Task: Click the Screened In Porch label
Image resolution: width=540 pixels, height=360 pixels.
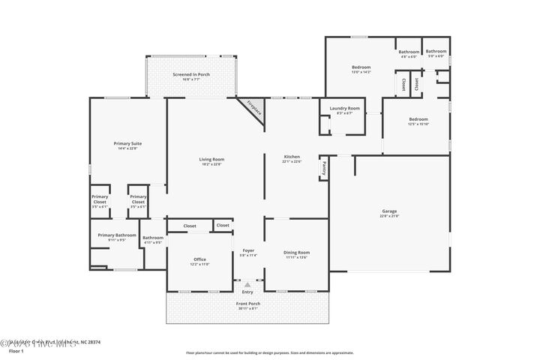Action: pos(192,75)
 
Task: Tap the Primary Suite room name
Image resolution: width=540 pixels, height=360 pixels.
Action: pos(127,143)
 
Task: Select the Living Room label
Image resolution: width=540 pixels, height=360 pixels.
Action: pos(211,159)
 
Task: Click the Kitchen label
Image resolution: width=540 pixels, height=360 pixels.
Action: pos(292,156)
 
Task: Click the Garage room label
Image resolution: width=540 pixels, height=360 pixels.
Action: pos(389,211)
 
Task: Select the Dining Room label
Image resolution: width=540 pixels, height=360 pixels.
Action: pos(296,252)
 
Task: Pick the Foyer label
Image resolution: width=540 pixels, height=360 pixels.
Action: pos(248,250)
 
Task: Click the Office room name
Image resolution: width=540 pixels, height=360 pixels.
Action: pos(199,259)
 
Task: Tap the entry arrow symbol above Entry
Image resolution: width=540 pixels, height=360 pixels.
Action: pos(247,284)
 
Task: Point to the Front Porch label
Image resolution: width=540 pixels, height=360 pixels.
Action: pos(247,304)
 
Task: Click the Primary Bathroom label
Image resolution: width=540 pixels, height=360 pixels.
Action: pos(117,235)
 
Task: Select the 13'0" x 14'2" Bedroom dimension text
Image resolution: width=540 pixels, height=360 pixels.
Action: pos(361,73)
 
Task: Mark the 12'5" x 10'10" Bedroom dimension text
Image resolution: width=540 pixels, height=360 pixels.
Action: pos(418,124)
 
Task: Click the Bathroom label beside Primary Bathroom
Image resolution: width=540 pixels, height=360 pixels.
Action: pos(153,238)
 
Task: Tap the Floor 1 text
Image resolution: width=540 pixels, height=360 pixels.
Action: pos(16,350)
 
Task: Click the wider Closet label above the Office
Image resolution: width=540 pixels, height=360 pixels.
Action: pos(190,225)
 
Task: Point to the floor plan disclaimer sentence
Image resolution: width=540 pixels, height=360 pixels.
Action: pos(269,351)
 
